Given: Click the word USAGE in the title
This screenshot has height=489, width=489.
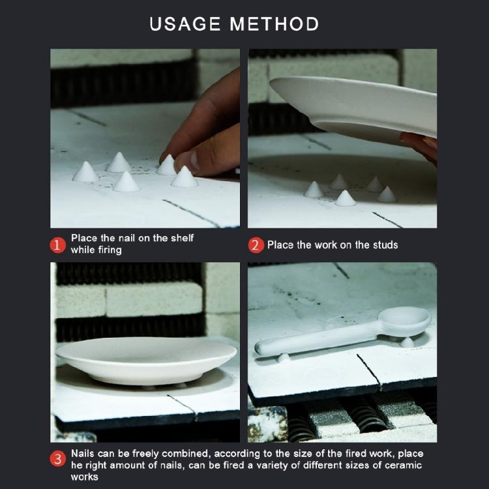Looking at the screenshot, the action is click(185, 24).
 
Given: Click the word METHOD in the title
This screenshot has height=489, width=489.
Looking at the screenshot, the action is click(274, 24).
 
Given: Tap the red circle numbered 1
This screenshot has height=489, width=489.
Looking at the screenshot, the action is click(57, 245).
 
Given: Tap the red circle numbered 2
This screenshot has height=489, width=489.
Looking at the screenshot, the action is click(256, 245).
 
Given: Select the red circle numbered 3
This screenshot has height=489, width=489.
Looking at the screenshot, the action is click(57, 459).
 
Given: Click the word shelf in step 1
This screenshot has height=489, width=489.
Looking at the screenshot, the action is click(182, 238).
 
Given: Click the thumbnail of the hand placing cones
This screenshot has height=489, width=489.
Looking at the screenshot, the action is click(145, 138).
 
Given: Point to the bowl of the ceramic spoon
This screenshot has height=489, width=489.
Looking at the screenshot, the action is click(404, 321).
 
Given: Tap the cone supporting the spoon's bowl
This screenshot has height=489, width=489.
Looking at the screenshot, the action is click(407, 342).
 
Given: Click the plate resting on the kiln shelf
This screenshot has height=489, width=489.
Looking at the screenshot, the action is click(146, 359).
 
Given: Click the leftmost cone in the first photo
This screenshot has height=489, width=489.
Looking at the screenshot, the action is click(85, 172).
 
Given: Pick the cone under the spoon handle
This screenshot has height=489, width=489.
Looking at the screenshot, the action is click(283, 357).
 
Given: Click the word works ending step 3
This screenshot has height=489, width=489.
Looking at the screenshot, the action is click(85, 477).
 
